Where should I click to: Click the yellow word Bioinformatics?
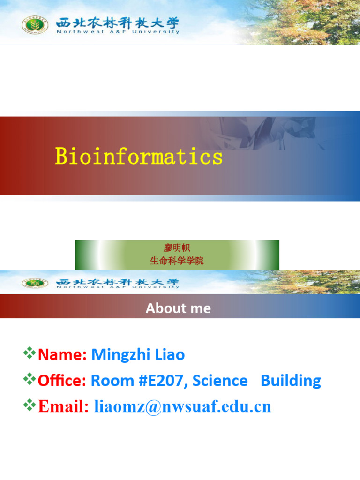coord(139,156)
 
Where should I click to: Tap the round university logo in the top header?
coord(35,25)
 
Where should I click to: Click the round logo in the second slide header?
coord(35,283)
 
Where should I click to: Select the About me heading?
coord(178,308)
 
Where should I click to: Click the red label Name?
coord(62,355)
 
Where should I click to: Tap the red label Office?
coord(62,381)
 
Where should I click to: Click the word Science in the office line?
coord(220,381)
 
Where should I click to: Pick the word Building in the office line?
coord(291,381)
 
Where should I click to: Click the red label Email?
coord(63,406)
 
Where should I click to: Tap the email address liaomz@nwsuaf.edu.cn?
coord(183,406)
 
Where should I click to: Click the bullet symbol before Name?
coord(30,353)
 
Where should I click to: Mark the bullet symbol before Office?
coord(30,379)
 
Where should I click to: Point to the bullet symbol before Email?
coord(30,405)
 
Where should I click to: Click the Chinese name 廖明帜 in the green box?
coord(177,248)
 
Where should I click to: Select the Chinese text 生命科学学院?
coord(177,261)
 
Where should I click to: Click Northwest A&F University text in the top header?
coord(118,32)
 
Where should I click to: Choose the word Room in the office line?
coord(108,381)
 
